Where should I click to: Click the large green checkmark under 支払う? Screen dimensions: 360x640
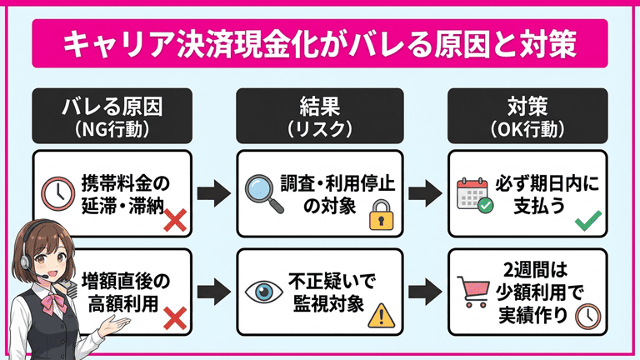(x=588, y=220)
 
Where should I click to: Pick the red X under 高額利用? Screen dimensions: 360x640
(x=173, y=317)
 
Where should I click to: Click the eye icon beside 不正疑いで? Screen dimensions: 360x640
(x=263, y=291)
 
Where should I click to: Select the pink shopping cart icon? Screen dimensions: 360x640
(x=475, y=291)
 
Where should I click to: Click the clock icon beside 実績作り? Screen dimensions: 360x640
(x=588, y=316)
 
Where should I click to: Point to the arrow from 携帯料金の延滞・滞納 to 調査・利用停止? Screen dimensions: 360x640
(x=215, y=194)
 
